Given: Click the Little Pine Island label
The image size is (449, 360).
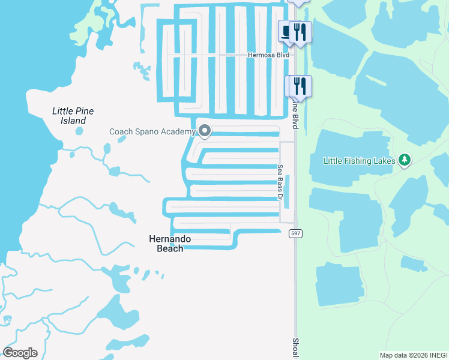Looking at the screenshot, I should coord(73,116).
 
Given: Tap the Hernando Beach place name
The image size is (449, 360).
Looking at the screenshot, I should coord(170,244).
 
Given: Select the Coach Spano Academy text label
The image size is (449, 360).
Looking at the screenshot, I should coord(152,131).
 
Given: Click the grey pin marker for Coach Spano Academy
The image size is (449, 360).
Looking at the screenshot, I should coord(205,131).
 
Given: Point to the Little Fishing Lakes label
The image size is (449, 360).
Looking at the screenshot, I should coord(359,161).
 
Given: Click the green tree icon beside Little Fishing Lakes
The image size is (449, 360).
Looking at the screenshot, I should coord(405,160).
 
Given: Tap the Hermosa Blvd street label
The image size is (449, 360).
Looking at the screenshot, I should coord(268,55).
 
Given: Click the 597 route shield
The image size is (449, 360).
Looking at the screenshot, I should coord(295,233).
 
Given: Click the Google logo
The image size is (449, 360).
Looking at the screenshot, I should coord(20,353).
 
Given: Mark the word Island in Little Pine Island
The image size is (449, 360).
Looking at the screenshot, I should coord(73,121).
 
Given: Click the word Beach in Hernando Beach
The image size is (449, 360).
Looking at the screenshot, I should coord(170,248).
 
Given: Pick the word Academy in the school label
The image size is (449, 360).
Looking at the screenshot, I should coord(178,131).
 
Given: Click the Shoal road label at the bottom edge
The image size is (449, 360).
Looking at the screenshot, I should coord(295,346).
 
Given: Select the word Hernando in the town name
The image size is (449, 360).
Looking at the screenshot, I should coord(170,239).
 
